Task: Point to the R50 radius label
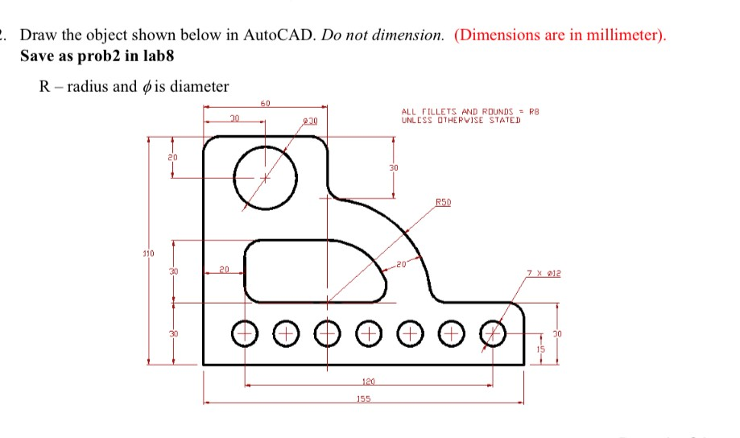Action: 443,202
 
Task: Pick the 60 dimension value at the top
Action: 265,102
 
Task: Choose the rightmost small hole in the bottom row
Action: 493,331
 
